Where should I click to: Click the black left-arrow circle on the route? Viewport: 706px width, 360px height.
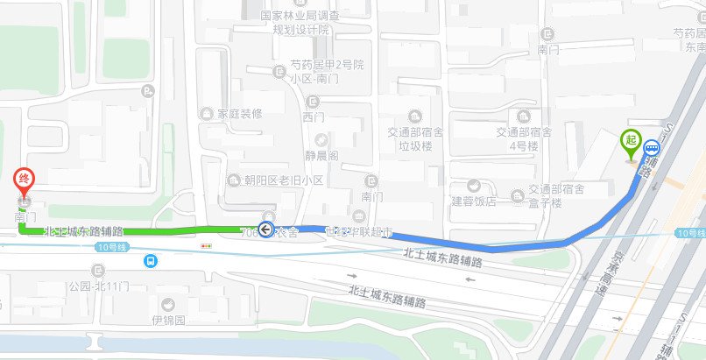tap(266, 230)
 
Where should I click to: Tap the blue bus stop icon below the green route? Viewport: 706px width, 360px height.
tap(152, 260)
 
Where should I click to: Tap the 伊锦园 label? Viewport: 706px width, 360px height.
tap(168, 320)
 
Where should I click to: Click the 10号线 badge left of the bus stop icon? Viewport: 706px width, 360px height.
tap(104, 248)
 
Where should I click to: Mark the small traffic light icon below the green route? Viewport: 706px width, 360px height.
tap(207, 247)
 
